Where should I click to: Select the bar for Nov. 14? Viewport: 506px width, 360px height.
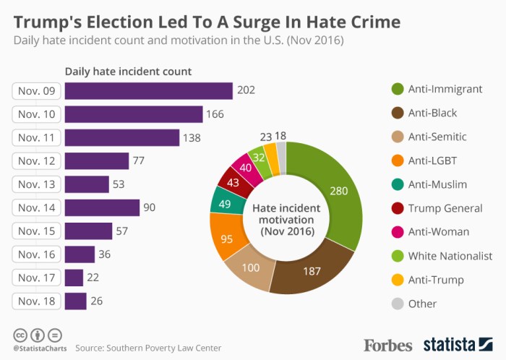point(102,207)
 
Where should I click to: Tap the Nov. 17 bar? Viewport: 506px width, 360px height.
point(74,278)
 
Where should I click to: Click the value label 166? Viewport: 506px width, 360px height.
point(215,114)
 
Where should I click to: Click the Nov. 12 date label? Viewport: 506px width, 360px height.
point(36,161)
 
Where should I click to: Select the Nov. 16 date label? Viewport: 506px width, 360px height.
point(36,254)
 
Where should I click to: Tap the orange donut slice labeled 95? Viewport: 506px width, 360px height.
point(226,238)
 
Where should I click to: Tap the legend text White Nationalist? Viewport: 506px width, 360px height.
point(450,256)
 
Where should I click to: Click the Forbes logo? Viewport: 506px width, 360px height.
point(387,344)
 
